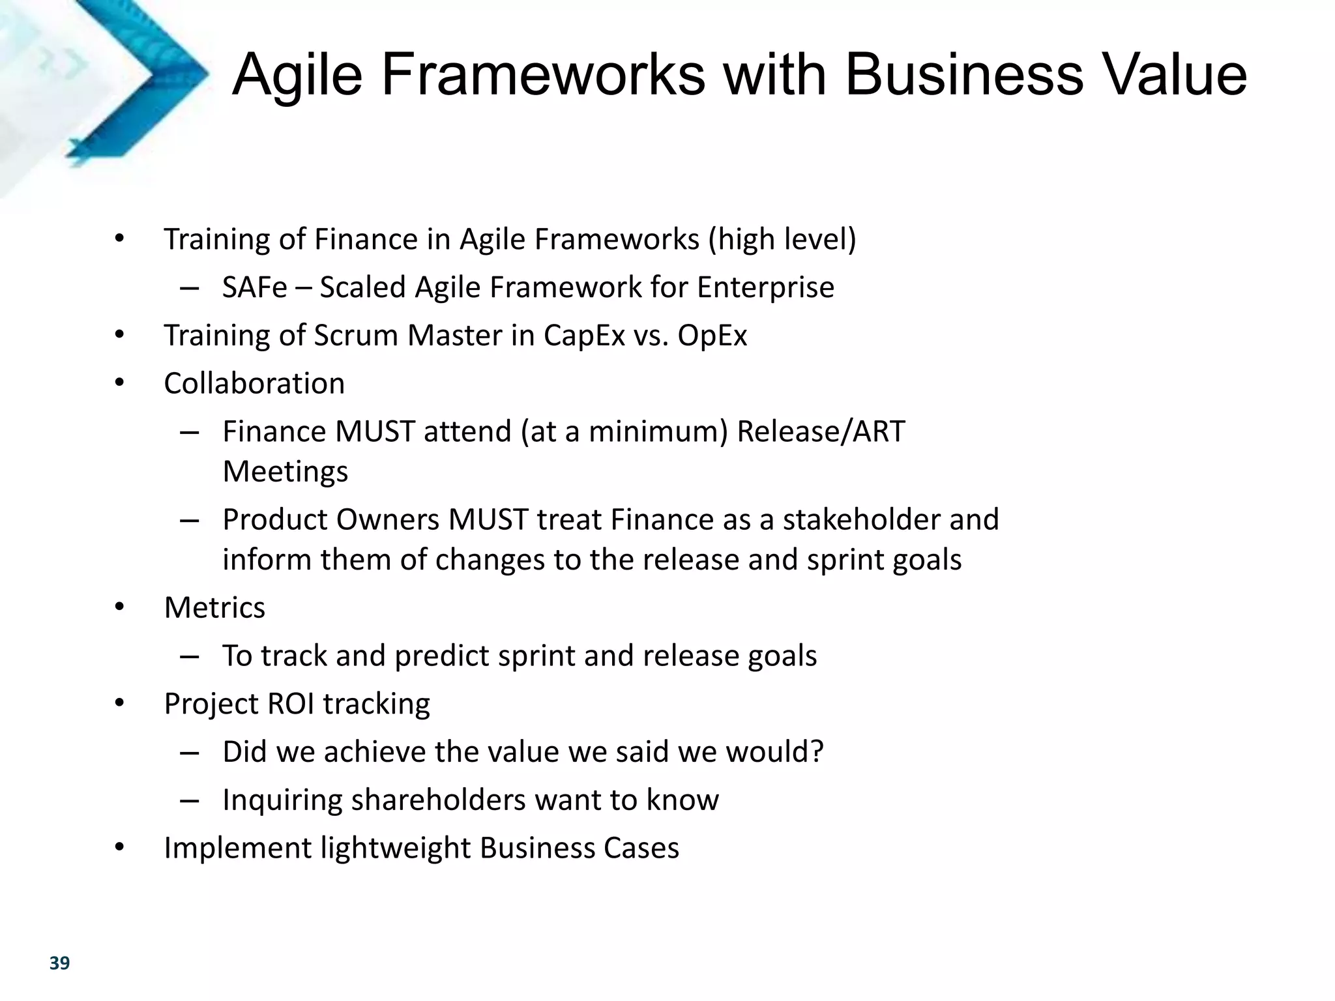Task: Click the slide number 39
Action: (x=59, y=963)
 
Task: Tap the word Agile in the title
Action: (x=297, y=76)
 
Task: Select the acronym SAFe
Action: (x=254, y=287)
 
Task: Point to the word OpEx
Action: (x=712, y=336)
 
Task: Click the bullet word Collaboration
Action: (x=254, y=383)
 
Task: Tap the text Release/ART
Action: (x=821, y=431)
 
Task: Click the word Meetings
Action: (x=286, y=472)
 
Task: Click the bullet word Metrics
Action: (x=214, y=608)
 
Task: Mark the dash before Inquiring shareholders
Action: (x=189, y=800)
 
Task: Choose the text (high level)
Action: (x=782, y=239)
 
